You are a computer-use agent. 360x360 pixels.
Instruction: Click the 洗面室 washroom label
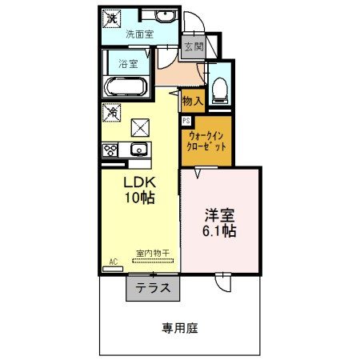point(141,34)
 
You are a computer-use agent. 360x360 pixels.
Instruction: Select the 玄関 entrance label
point(194,46)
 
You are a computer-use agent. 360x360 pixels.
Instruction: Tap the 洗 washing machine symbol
point(114,18)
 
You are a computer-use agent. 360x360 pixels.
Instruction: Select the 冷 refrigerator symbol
point(112,113)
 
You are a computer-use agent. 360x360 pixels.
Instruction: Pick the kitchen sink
point(138,149)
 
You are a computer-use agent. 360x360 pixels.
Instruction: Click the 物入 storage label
point(192,100)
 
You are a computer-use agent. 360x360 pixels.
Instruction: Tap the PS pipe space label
point(186,121)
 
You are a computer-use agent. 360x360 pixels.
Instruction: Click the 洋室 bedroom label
point(220,214)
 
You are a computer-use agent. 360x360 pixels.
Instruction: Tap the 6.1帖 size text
point(218,230)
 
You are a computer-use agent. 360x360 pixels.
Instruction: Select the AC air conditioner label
point(113,262)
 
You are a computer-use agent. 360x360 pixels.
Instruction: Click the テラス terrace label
point(152,290)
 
